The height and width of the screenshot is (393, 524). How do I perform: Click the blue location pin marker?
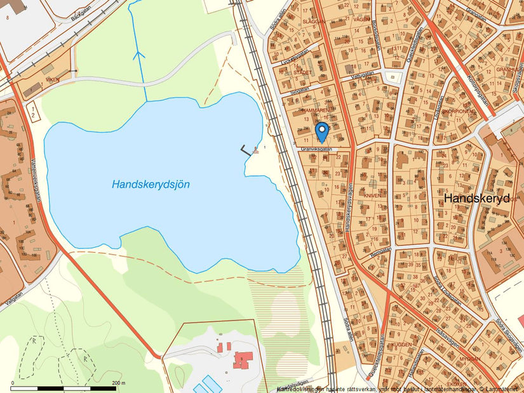tap(322, 131)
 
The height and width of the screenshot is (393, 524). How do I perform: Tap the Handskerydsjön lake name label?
tap(151, 184)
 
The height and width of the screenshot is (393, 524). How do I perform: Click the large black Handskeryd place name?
tap(477, 198)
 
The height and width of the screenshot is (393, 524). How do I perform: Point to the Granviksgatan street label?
tap(316, 150)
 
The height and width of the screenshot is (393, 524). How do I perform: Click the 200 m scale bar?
tap(64, 387)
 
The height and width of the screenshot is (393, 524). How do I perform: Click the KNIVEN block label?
tap(373, 196)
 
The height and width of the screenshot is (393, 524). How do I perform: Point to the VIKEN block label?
tap(52, 80)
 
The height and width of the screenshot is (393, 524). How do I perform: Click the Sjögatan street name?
tap(299, 90)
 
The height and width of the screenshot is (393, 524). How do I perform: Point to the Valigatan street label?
tap(15, 298)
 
